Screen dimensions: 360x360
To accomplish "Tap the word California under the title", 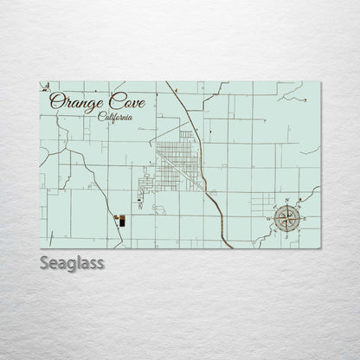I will click(115, 117).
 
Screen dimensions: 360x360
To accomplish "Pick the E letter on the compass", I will click(304, 219).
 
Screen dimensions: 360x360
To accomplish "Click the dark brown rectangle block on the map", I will click(122, 222).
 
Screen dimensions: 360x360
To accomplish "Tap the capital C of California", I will click(101, 117).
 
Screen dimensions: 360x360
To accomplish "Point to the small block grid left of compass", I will click(260, 202).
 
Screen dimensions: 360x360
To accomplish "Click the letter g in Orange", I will click(87, 104).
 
